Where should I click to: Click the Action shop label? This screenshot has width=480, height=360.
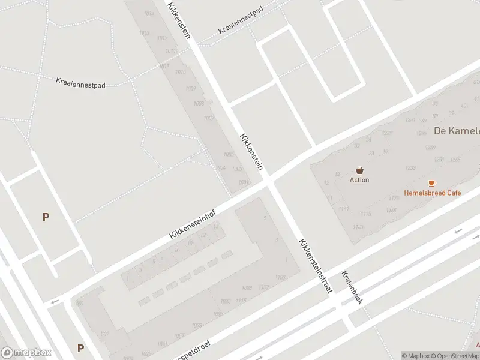point(359,180)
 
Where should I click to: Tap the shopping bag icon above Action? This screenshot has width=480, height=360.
point(359,170)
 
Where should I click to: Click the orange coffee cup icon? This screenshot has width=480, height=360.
point(432,183)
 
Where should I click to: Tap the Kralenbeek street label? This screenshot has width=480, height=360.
point(352,286)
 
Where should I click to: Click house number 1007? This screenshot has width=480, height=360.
point(209,118)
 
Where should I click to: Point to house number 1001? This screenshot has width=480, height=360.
point(243,182)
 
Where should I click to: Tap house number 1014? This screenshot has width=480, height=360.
point(149,13)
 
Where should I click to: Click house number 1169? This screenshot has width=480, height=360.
point(343,209)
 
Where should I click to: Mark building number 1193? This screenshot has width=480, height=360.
point(280,277)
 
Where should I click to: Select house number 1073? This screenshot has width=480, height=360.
point(196,325)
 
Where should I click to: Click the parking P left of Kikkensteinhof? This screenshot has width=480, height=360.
point(45,217)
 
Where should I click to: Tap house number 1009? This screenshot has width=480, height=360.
point(190,89)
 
